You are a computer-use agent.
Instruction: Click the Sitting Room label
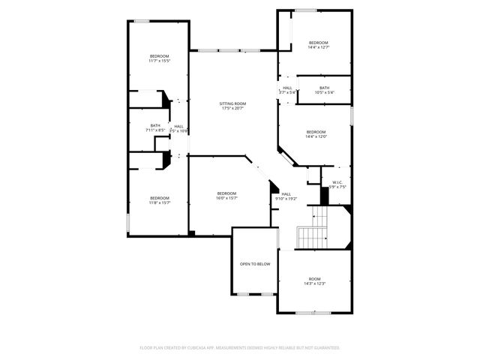232,103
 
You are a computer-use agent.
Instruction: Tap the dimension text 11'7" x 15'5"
159,61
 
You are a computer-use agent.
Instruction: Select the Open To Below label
255,264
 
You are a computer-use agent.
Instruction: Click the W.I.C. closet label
337,182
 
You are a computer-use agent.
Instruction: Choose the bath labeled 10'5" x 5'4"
324,92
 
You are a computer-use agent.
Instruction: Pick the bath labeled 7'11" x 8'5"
155,130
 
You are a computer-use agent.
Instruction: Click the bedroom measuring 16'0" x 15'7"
226,198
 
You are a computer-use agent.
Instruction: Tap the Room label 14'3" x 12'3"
314,283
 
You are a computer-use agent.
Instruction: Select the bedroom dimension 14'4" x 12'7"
319,47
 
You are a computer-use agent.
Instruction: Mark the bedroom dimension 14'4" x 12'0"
316,136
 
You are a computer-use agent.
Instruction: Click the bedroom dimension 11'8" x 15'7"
159,202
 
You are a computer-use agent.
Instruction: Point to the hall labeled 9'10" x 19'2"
286,199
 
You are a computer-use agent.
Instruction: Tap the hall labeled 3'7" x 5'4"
287,92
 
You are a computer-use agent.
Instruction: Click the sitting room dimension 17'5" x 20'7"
232,108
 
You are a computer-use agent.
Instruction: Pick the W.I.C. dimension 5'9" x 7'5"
337,187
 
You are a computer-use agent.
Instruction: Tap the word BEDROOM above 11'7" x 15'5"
159,56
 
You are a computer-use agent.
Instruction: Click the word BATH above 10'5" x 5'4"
324,88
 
